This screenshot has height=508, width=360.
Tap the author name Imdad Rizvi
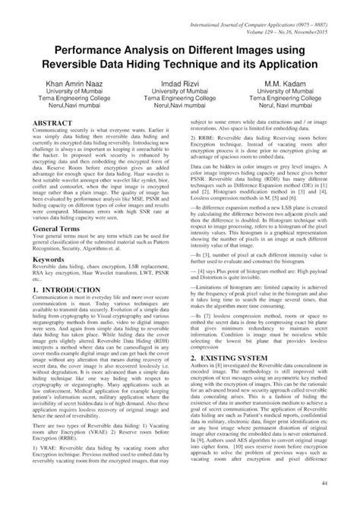pos(180,83)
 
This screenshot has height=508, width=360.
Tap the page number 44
pos(346,484)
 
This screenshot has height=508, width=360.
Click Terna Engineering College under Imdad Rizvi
pos(180,99)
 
